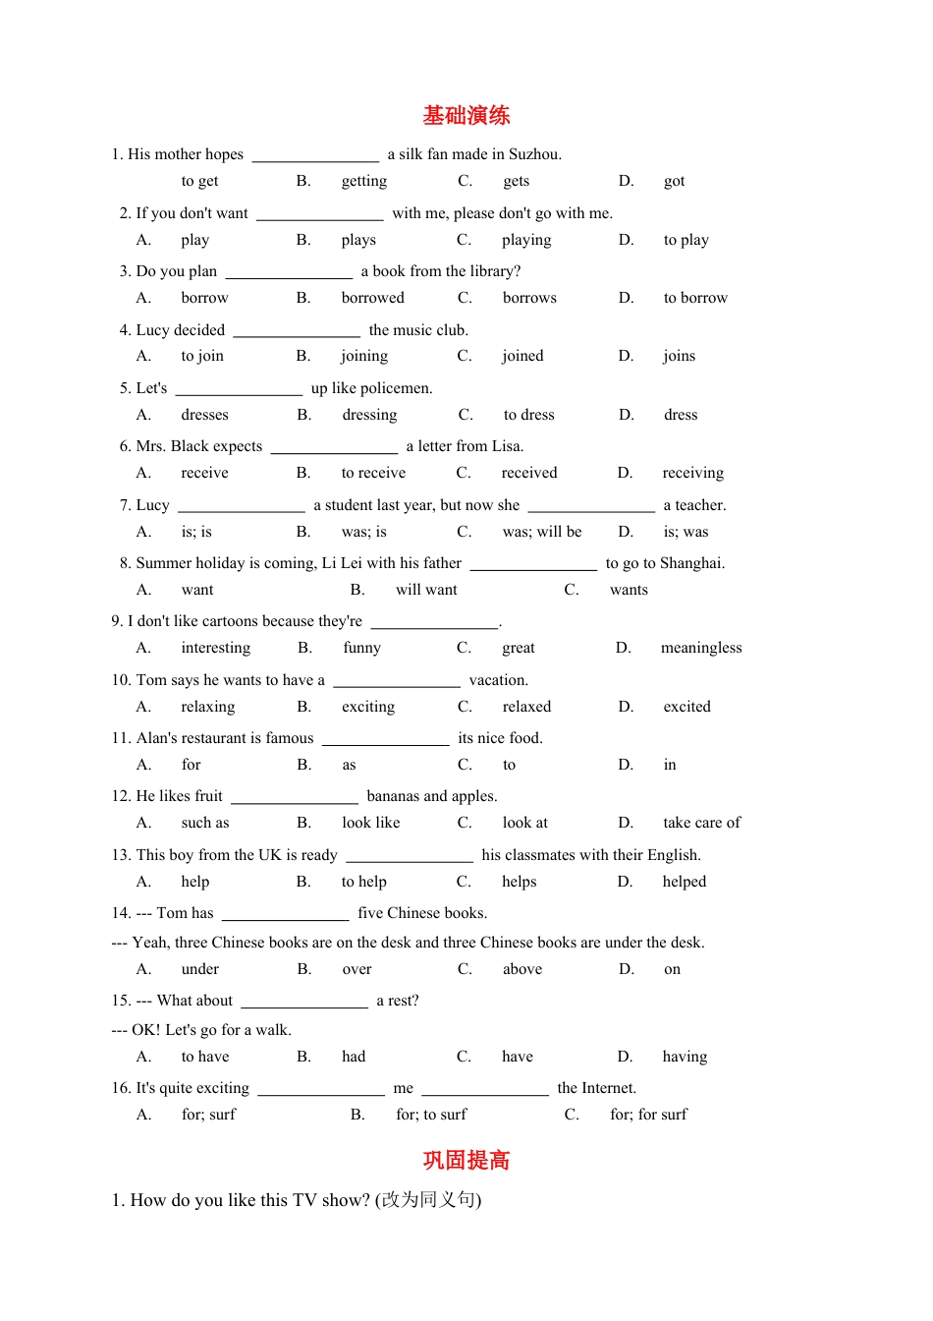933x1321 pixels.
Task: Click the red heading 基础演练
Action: (466, 116)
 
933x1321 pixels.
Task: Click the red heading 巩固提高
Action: (466, 1161)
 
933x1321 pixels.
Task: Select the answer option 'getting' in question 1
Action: (363, 181)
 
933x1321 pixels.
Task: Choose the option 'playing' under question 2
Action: (526, 240)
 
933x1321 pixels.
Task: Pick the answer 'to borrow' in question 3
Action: (695, 298)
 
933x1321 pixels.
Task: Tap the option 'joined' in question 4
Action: (522, 356)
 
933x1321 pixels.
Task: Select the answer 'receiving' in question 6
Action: (692, 473)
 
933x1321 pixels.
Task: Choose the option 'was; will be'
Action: (542, 532)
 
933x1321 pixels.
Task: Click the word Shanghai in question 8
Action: (691, 563)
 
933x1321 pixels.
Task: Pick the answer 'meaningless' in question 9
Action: (701, 648)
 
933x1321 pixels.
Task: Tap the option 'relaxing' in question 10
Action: (208, 707)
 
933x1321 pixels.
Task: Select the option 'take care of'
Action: (701, 823)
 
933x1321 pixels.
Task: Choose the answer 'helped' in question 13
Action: (685, 882)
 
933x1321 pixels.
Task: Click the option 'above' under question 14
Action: (522, 969)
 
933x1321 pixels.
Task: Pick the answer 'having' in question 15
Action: (685, 1057)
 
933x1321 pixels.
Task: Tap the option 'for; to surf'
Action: (431, 1115)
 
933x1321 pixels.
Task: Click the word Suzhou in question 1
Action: (534, 154)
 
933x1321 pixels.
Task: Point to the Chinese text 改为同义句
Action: (428, 1200)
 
